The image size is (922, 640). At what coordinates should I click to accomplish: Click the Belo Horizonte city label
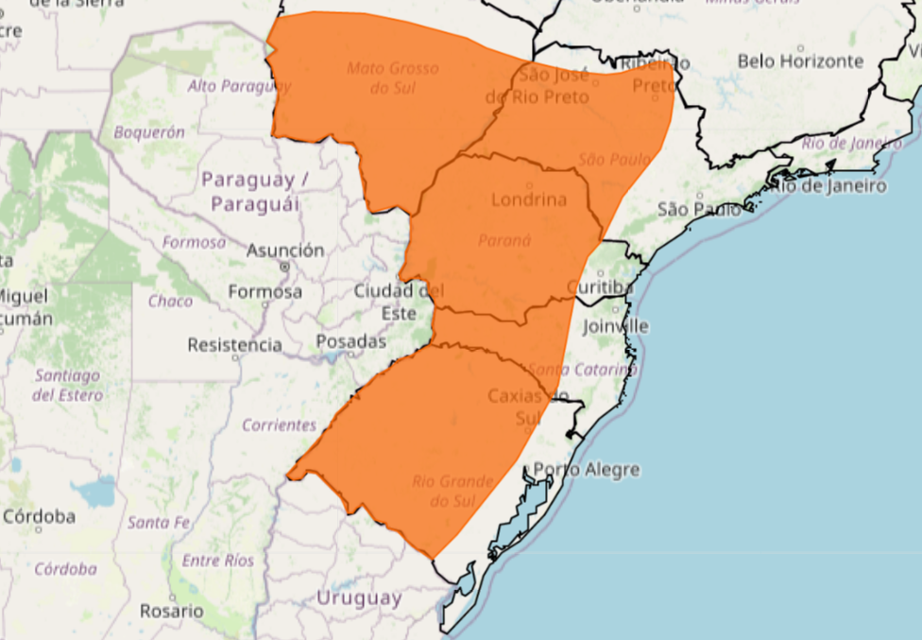tap(800, 61)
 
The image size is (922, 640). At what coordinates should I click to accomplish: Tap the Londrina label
tap(529, 199)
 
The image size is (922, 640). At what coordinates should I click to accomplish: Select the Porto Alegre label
tap(587, 470)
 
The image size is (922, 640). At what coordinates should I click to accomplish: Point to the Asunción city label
tap(285, 251)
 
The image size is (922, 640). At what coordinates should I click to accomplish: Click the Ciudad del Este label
tap(399, 301)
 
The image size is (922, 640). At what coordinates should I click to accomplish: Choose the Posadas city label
tap(350, 341)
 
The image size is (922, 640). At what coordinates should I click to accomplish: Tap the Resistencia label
tap(234, 345)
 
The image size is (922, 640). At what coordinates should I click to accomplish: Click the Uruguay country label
tap(359, 598)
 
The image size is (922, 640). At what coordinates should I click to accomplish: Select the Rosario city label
tap(171, 611)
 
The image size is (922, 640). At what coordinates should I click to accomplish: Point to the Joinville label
tap(616, 326)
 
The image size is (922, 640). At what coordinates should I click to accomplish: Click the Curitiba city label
tap(599, 286)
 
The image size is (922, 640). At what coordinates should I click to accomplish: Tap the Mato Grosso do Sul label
tap(392, 78)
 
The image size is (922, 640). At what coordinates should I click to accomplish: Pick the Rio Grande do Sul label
tap(452, 491)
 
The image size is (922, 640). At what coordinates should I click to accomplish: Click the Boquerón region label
tap(149, 133)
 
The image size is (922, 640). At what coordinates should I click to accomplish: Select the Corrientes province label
tap(279, 425)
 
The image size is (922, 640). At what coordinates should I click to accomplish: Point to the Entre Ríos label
tap(217, 561)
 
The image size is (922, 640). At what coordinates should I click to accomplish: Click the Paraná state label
tap(504, 240)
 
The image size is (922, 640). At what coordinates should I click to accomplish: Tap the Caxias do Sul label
tap(528, 406)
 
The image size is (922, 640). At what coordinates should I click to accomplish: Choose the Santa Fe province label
tap(158, 522)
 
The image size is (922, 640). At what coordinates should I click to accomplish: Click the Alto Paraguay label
tap(239, 86)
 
